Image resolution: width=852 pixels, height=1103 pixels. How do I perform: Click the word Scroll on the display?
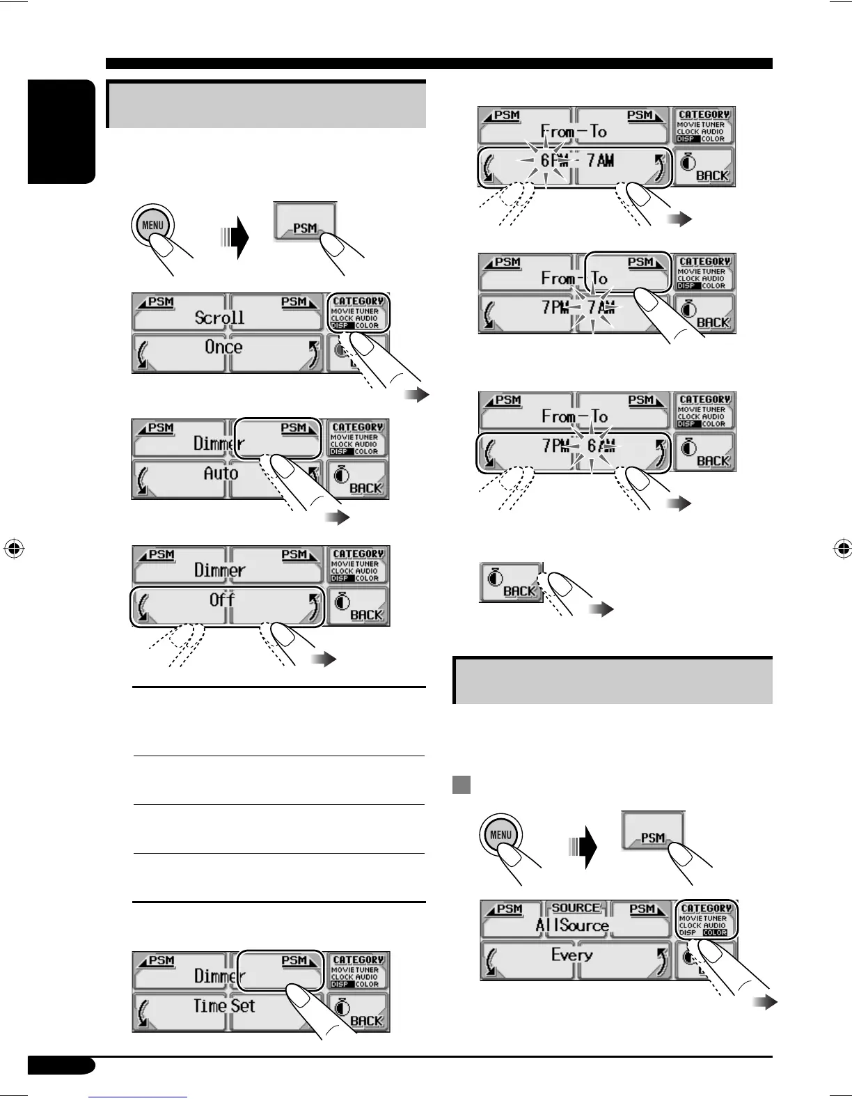[219, 318]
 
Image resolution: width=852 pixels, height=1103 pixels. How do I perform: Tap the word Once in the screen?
[223, 347]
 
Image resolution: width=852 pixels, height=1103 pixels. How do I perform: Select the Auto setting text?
[221, 474]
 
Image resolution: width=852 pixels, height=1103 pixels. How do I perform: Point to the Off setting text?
[222, 600]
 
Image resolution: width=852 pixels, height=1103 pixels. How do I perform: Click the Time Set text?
[224, 1006]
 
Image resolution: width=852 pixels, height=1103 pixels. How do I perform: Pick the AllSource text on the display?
[572, 925]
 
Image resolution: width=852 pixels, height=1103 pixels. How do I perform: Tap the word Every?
[572, 955]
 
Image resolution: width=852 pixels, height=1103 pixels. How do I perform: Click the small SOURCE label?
[576, 908]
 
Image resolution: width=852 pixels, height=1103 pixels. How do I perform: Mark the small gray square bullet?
[461, 785]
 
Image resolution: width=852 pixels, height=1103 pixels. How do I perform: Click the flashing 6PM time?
[546, 161]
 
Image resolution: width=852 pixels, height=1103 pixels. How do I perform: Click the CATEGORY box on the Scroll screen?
[358, 313]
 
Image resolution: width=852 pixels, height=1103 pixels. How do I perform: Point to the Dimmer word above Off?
[219, 570]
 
